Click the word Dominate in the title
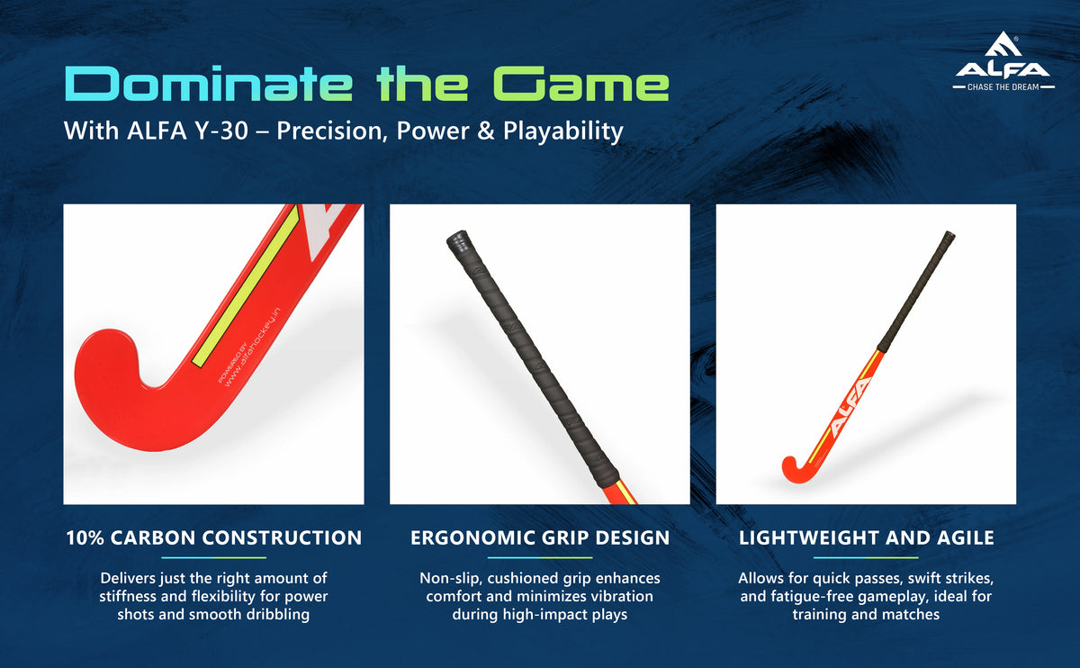click(x=209, y=83)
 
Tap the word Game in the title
click(x=580, y=84)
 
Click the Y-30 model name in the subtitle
click(x=221, y=131)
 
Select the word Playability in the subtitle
click(x=563, y=131)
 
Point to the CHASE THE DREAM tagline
click(x=1003, y=86)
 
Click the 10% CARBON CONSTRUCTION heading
click(x=213, y=537)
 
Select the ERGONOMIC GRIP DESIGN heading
click(x=540, y=537)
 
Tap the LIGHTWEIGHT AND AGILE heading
click(x=867, y=537)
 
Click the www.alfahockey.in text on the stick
click(x=252, y=347)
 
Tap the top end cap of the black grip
click(x=457, y=239)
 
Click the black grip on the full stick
click(x=916, y=292)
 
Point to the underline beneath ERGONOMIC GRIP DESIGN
click(x=540, y=557)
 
